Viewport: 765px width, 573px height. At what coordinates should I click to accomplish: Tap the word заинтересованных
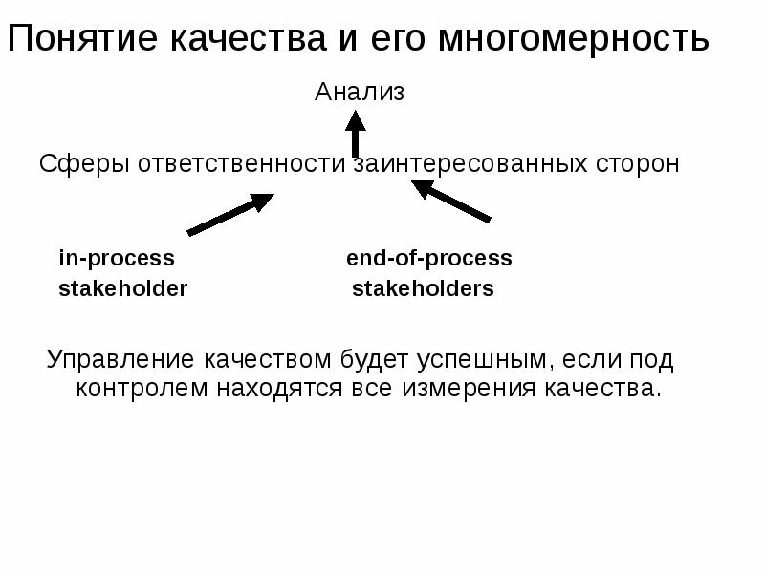click(x=470, y=164)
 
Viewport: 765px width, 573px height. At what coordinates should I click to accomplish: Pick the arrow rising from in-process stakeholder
click(x=229, y=214)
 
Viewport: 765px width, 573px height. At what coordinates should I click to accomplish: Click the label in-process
click(x=117, y=259)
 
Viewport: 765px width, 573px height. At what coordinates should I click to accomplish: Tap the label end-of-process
click(x=428, y=259)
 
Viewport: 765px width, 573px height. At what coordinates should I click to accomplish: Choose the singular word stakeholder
click(x=123, y=289)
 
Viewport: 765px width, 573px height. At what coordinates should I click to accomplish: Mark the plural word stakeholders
click(x=423, y=289)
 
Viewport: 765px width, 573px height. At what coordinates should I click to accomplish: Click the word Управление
click(x=120, y=361)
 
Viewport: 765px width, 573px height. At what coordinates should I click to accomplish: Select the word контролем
click(x=142, y=390)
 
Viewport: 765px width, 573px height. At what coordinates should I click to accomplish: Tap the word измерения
click(x=466, y=390)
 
